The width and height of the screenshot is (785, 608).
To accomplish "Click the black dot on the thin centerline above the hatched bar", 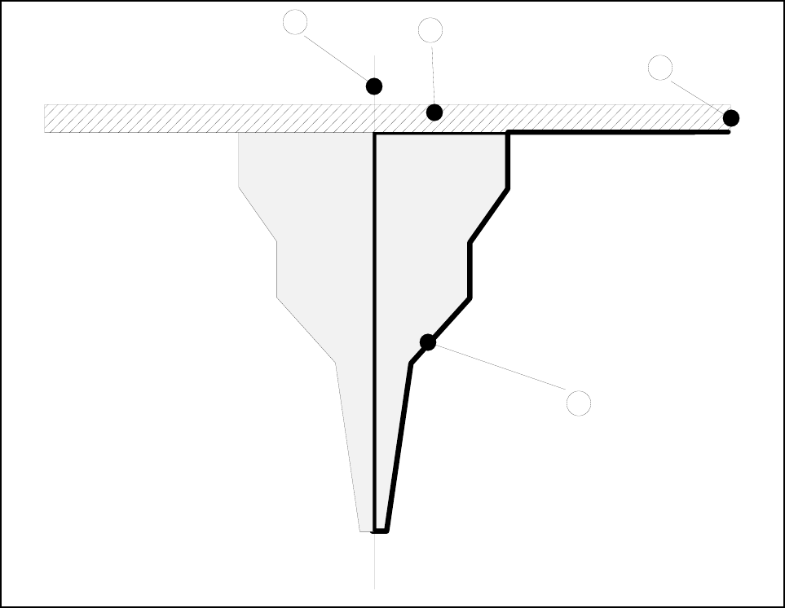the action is [374, 86].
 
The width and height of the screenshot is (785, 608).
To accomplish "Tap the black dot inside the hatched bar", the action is [434, 112].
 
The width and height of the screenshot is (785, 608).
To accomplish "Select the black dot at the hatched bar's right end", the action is [731, 117].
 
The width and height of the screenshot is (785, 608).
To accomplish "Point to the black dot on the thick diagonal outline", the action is [428, 342].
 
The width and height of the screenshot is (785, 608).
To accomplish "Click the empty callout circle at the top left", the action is [295, 22].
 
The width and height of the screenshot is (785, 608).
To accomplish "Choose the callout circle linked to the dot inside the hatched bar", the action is [430, 30].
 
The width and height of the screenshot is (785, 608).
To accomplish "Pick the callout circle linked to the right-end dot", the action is [660, 68].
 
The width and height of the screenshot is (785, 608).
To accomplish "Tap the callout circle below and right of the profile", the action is [579, 403].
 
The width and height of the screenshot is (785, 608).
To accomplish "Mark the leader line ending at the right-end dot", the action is [697, 93].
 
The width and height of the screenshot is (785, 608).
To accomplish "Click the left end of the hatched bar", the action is [46, 118].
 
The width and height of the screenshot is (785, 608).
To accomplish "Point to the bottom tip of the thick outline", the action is [380, 531].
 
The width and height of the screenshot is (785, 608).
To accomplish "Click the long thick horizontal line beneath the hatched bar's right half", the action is [620, 131].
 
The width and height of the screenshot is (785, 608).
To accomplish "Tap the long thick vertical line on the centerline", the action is [374, 326].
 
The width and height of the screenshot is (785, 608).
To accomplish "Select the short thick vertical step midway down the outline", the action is [470, 271].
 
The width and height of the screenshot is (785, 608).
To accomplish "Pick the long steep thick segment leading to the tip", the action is [399, 448].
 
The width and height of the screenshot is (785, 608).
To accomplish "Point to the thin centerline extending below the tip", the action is [374, 562].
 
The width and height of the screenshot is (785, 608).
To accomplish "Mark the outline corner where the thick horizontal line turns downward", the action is [509, 132].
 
